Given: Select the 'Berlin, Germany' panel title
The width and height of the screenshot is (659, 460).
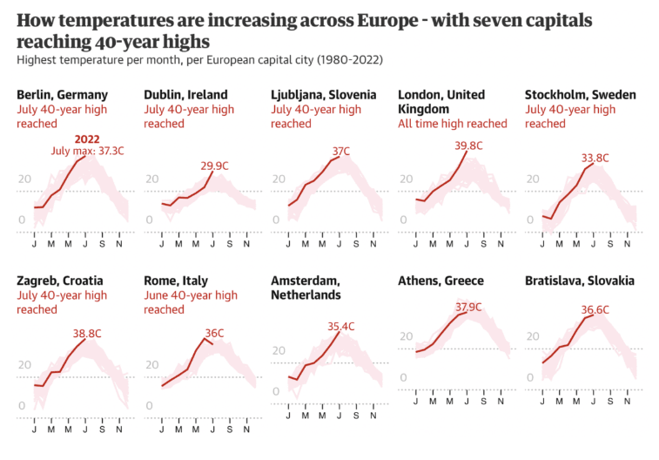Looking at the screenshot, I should [62, 95].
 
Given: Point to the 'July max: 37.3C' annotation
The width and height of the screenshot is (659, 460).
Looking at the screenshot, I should [84, 151].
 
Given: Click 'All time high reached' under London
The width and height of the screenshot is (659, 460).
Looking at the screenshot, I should [452, 124].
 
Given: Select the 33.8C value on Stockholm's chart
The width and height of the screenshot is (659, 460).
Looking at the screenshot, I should [595, 158].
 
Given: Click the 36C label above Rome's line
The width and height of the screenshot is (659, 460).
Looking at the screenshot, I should [213, 333].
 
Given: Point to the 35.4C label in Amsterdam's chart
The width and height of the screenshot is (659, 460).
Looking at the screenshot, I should [341, 327].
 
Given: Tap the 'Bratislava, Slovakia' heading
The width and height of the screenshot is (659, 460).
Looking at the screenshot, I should [579, 281].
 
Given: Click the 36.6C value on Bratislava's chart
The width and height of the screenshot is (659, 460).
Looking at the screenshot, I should [595, 310].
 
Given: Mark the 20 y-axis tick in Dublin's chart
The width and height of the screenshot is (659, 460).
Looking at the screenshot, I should [151, 179].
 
